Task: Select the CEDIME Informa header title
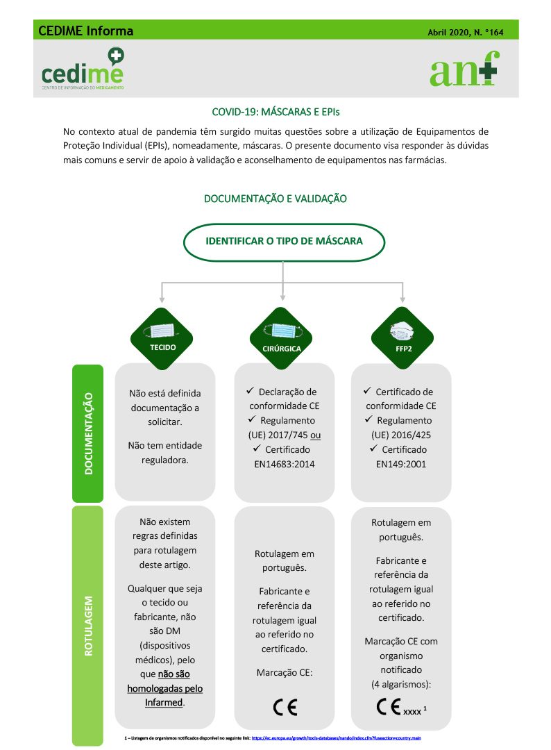click(x=86, y=31)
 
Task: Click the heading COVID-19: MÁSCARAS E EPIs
click(x=275, y=111)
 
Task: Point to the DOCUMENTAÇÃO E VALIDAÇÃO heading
click(x=275, y=199)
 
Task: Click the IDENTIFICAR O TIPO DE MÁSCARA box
click(x=284, y=242)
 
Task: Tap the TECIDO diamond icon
click(x=162, y=338)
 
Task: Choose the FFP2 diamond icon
click(x=402, y=338)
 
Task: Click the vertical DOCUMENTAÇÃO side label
click(x=88, y=433)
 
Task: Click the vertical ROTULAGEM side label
click(x=88, y=624)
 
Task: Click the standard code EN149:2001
click(x=401, y=464)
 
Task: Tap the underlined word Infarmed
click(x=163, y=702)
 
